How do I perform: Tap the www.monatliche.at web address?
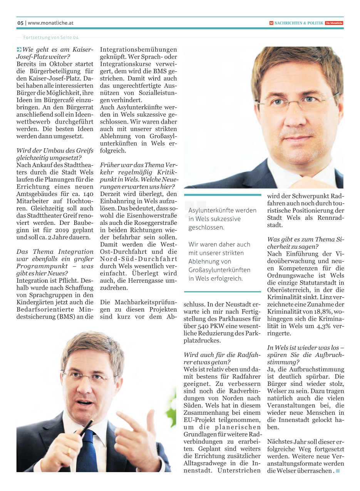(x=50, y=23)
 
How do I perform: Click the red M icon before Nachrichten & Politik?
(x=271, y=23)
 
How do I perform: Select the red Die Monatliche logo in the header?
(x=334, y=23)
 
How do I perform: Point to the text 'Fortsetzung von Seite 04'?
(x=51, y=38)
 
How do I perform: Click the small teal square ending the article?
(x=338, y=471)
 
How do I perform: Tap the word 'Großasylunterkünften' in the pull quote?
(x=219, y=270)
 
